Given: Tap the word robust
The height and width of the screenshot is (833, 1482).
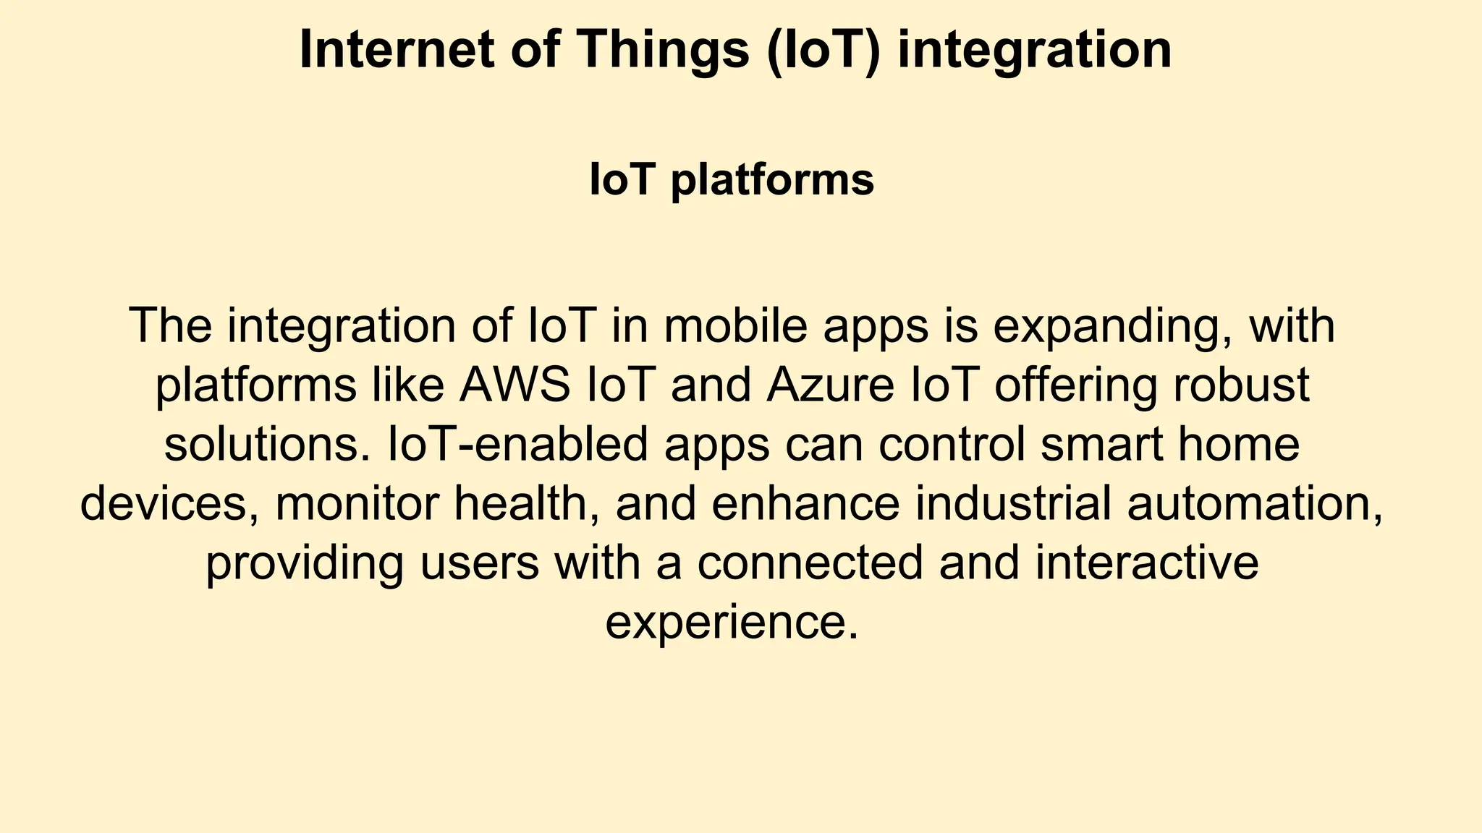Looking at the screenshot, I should [x=1241, y=385].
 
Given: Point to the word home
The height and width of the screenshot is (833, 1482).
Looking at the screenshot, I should [x=1239, y=444].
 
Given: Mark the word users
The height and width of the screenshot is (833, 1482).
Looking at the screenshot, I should [x=480, y=563].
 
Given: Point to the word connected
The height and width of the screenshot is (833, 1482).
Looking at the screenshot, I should [x=810, y=563].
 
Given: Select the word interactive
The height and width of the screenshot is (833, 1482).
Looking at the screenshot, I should [x=1147, y=563].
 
